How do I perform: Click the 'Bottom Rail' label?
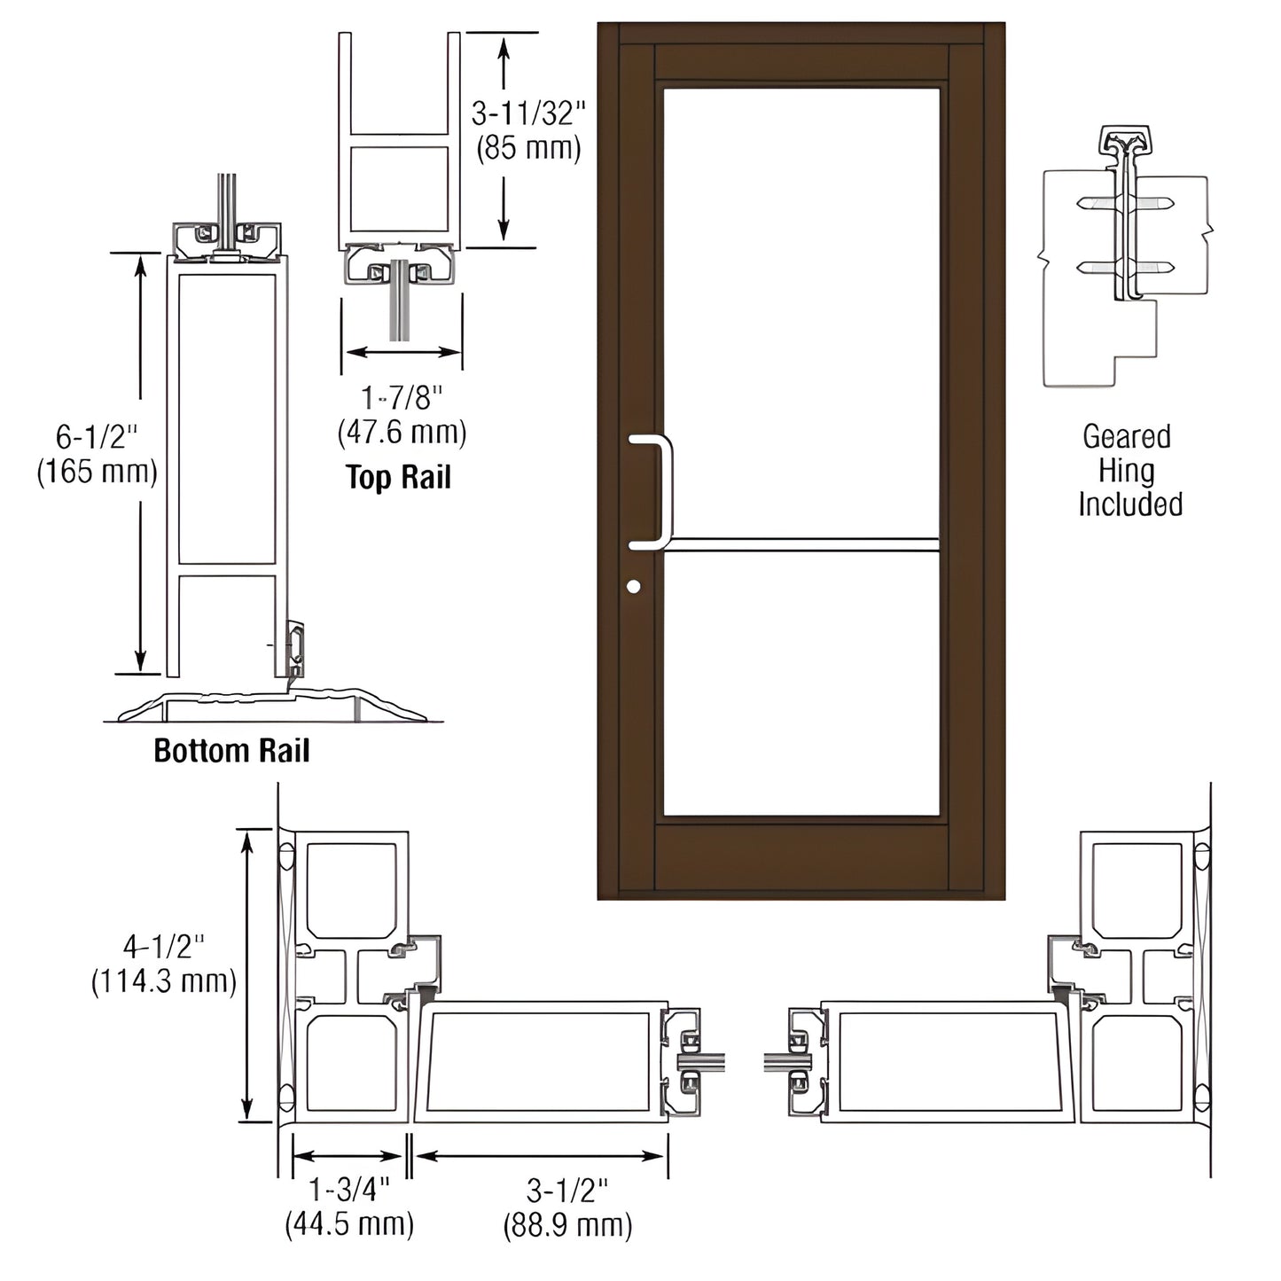point(231,751)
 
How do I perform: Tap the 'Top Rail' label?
point(398,477)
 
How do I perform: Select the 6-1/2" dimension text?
point(97,436)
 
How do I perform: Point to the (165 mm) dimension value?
point(97,471)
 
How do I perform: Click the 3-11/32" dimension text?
point(528,113)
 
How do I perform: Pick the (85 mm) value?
point(528,147)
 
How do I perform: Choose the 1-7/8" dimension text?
point(402,398)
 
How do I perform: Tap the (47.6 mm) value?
point(402,433)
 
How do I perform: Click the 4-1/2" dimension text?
point(164,947)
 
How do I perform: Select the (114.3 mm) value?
point(164,981)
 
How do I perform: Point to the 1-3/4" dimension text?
point(348,1190)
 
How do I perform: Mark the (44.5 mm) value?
point(348,1224)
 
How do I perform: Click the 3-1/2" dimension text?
point(567,1190)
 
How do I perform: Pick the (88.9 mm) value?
point(567,1225)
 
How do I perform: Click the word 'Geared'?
point(1127,436)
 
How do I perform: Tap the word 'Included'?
point(1130,504)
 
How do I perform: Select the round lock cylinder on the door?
point(633,586)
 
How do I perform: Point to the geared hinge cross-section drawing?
point(1124,257)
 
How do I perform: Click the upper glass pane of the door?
point(801,310)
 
